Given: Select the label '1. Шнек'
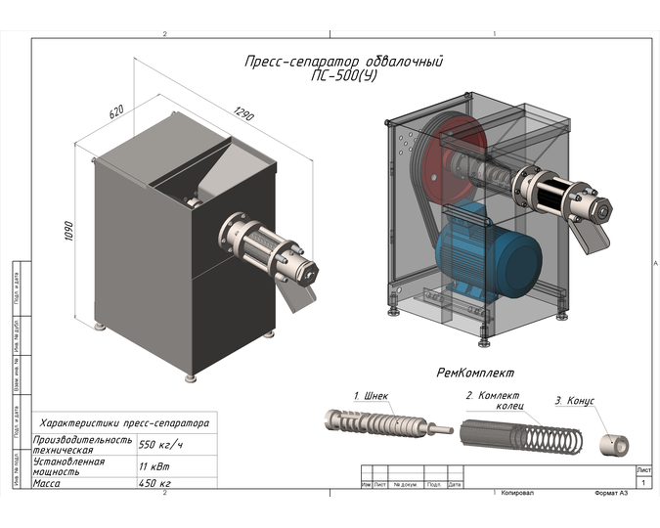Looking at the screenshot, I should [371, 397].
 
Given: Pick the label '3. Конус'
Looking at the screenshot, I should [574, 402].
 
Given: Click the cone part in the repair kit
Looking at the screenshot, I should [613, 442].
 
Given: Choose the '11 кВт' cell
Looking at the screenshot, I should [151, 465].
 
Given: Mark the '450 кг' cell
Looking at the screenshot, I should [154, 482].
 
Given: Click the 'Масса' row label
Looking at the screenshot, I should [48, 482].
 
